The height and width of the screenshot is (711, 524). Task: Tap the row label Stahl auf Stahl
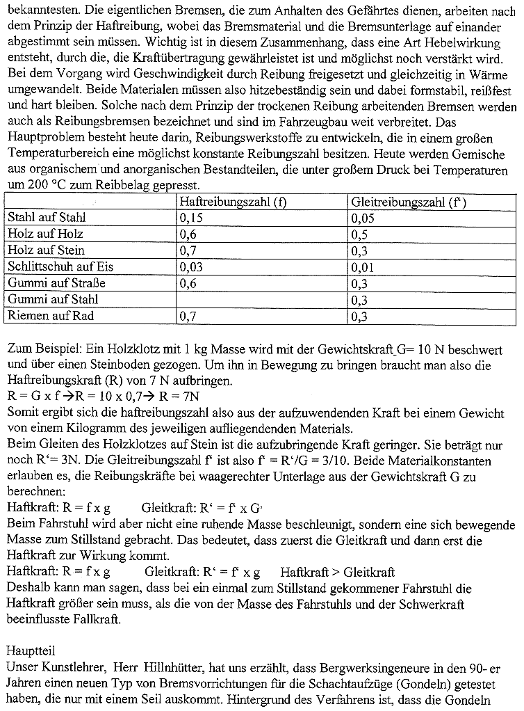pos(47,218)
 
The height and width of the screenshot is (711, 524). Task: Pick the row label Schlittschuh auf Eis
pos(60,267)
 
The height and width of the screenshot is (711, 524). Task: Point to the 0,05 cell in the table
pos(363,218)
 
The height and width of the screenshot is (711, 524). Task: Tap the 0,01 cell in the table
pos(363,267)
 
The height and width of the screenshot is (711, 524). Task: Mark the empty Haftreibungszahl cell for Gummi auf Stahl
pos(261,300)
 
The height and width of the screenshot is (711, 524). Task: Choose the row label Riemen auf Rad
pos(50,317)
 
